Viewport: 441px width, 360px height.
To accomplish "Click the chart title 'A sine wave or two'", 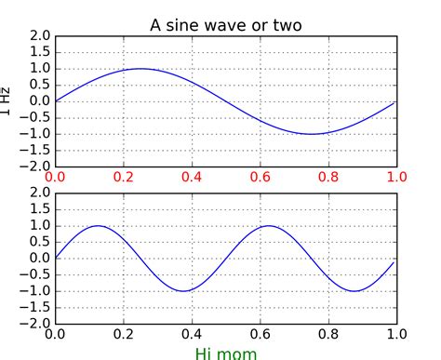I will [x=226, y=24].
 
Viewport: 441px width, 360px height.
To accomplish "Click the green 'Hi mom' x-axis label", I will [x=226, y=353].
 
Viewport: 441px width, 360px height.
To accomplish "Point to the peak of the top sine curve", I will [x=140, y=69].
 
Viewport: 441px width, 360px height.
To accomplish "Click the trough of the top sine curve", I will [x=312, y=134].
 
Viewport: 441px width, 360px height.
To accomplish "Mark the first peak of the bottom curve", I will [x=98, y=226].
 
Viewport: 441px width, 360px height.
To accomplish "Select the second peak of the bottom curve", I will [x=269, y=226].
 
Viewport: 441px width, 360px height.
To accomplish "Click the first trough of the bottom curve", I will [x=183, y=291].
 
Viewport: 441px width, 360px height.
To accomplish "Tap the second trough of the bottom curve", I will [x=354, y=291].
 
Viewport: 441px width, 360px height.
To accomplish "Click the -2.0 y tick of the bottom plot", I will [x=36, y=324].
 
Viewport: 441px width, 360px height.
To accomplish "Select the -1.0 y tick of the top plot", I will [x=36, y=134].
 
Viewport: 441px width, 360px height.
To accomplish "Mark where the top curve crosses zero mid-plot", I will [x=226, y=101].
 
